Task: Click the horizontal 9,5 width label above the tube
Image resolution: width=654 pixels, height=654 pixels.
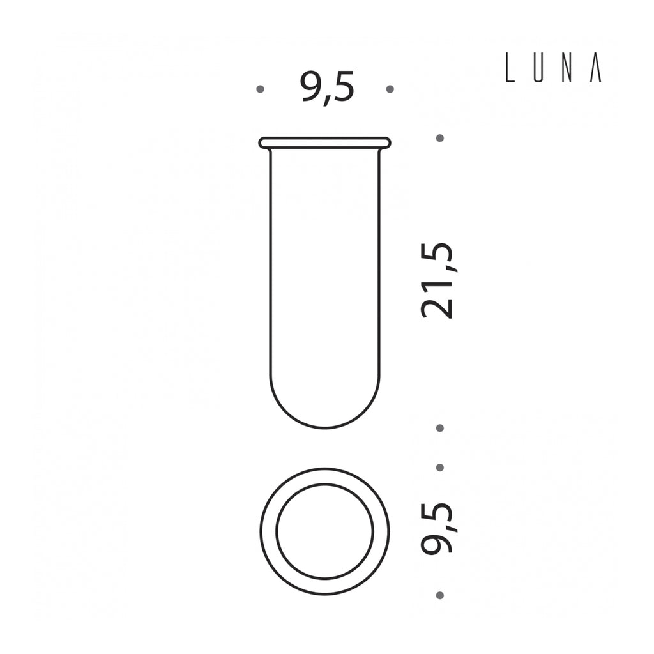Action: pyautogui.click(x=327, y=88)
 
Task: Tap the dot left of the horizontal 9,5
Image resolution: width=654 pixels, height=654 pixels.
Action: pyautogui.click(x=261, y=89)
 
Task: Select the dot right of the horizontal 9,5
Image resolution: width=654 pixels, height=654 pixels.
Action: pyautogui.click(x=390, y=89)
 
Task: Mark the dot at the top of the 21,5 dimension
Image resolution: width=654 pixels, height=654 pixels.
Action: pyautogui.click(x=439, y=138)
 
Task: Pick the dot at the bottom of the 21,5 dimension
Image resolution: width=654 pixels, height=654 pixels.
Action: pyautogui.click(x=439, y=428)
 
